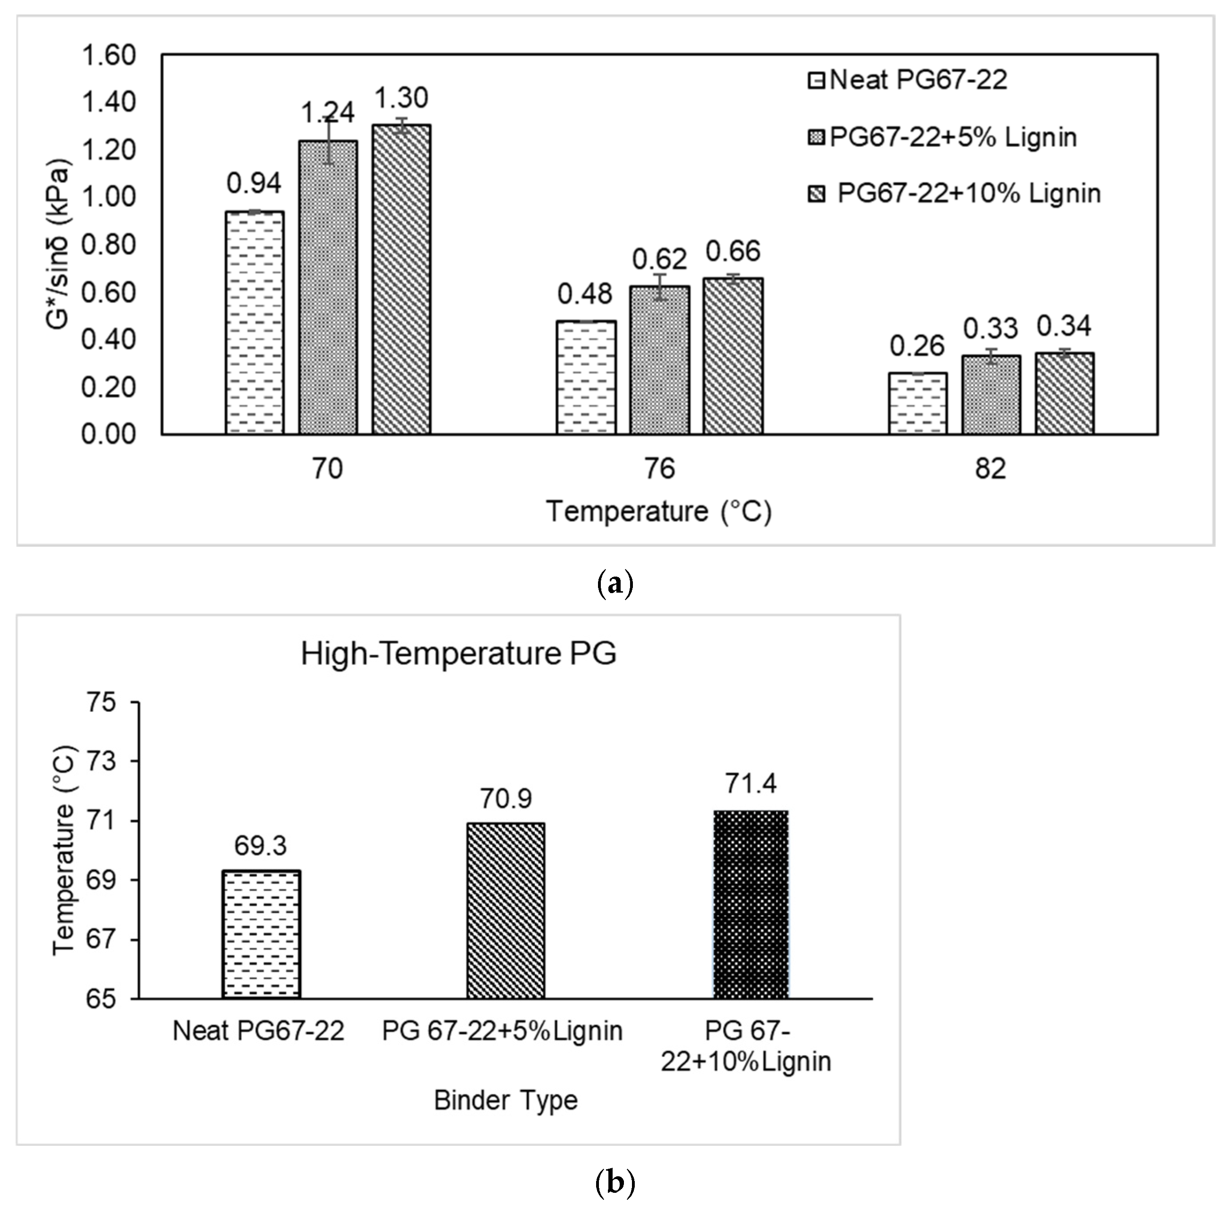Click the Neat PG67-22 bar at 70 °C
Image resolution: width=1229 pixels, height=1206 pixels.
pos(255,322)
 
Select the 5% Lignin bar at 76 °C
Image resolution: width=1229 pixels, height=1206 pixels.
pos(659,360)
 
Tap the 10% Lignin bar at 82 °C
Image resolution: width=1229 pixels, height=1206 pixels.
pos(1064,393)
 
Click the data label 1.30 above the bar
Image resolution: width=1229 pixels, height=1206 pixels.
pos(401,98)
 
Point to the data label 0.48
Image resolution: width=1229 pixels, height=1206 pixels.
pos(585,294)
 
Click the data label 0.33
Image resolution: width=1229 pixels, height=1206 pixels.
pos(991,328)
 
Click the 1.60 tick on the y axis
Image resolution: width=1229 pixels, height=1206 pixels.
pos(108,55)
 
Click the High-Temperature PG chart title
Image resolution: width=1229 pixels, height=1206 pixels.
pos(459,653)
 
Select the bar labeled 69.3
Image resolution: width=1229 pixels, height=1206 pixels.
pos(261,934)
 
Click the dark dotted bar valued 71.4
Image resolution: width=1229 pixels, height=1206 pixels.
pos(751,904)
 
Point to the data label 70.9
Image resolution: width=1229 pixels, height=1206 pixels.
pos(505,799)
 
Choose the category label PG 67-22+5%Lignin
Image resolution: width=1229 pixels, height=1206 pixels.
pos(502,1031)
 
